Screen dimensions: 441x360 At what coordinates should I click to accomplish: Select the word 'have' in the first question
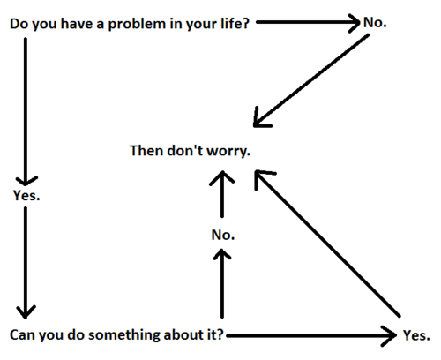[x=76, y=24]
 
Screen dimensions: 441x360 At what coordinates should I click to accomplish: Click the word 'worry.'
[x=228, y=152]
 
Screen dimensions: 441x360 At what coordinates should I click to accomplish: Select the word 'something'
[x=123, y=335]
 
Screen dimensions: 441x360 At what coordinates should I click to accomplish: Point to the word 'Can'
[x=22, y=335]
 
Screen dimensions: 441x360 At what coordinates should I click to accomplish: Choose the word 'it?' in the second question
[x=213, y=334]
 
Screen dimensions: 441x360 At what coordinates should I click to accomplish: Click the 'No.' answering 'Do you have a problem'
[x=375, y=22]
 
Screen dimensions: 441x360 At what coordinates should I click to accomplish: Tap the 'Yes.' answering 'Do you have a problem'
[x=26, y=195]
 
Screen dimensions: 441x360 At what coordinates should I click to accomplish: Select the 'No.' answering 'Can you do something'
[x=223, y=235]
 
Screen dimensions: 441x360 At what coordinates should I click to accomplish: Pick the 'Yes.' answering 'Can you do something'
[x=416, y=335]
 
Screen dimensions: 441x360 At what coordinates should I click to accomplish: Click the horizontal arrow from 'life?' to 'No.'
[x=308, y=22]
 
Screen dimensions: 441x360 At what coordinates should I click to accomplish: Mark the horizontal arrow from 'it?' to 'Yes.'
[x=311, y=335]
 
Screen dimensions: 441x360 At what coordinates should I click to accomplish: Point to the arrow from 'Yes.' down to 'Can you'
[x=26, y=263]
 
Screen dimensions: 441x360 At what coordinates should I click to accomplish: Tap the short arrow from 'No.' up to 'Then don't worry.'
[x=222, y=194]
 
